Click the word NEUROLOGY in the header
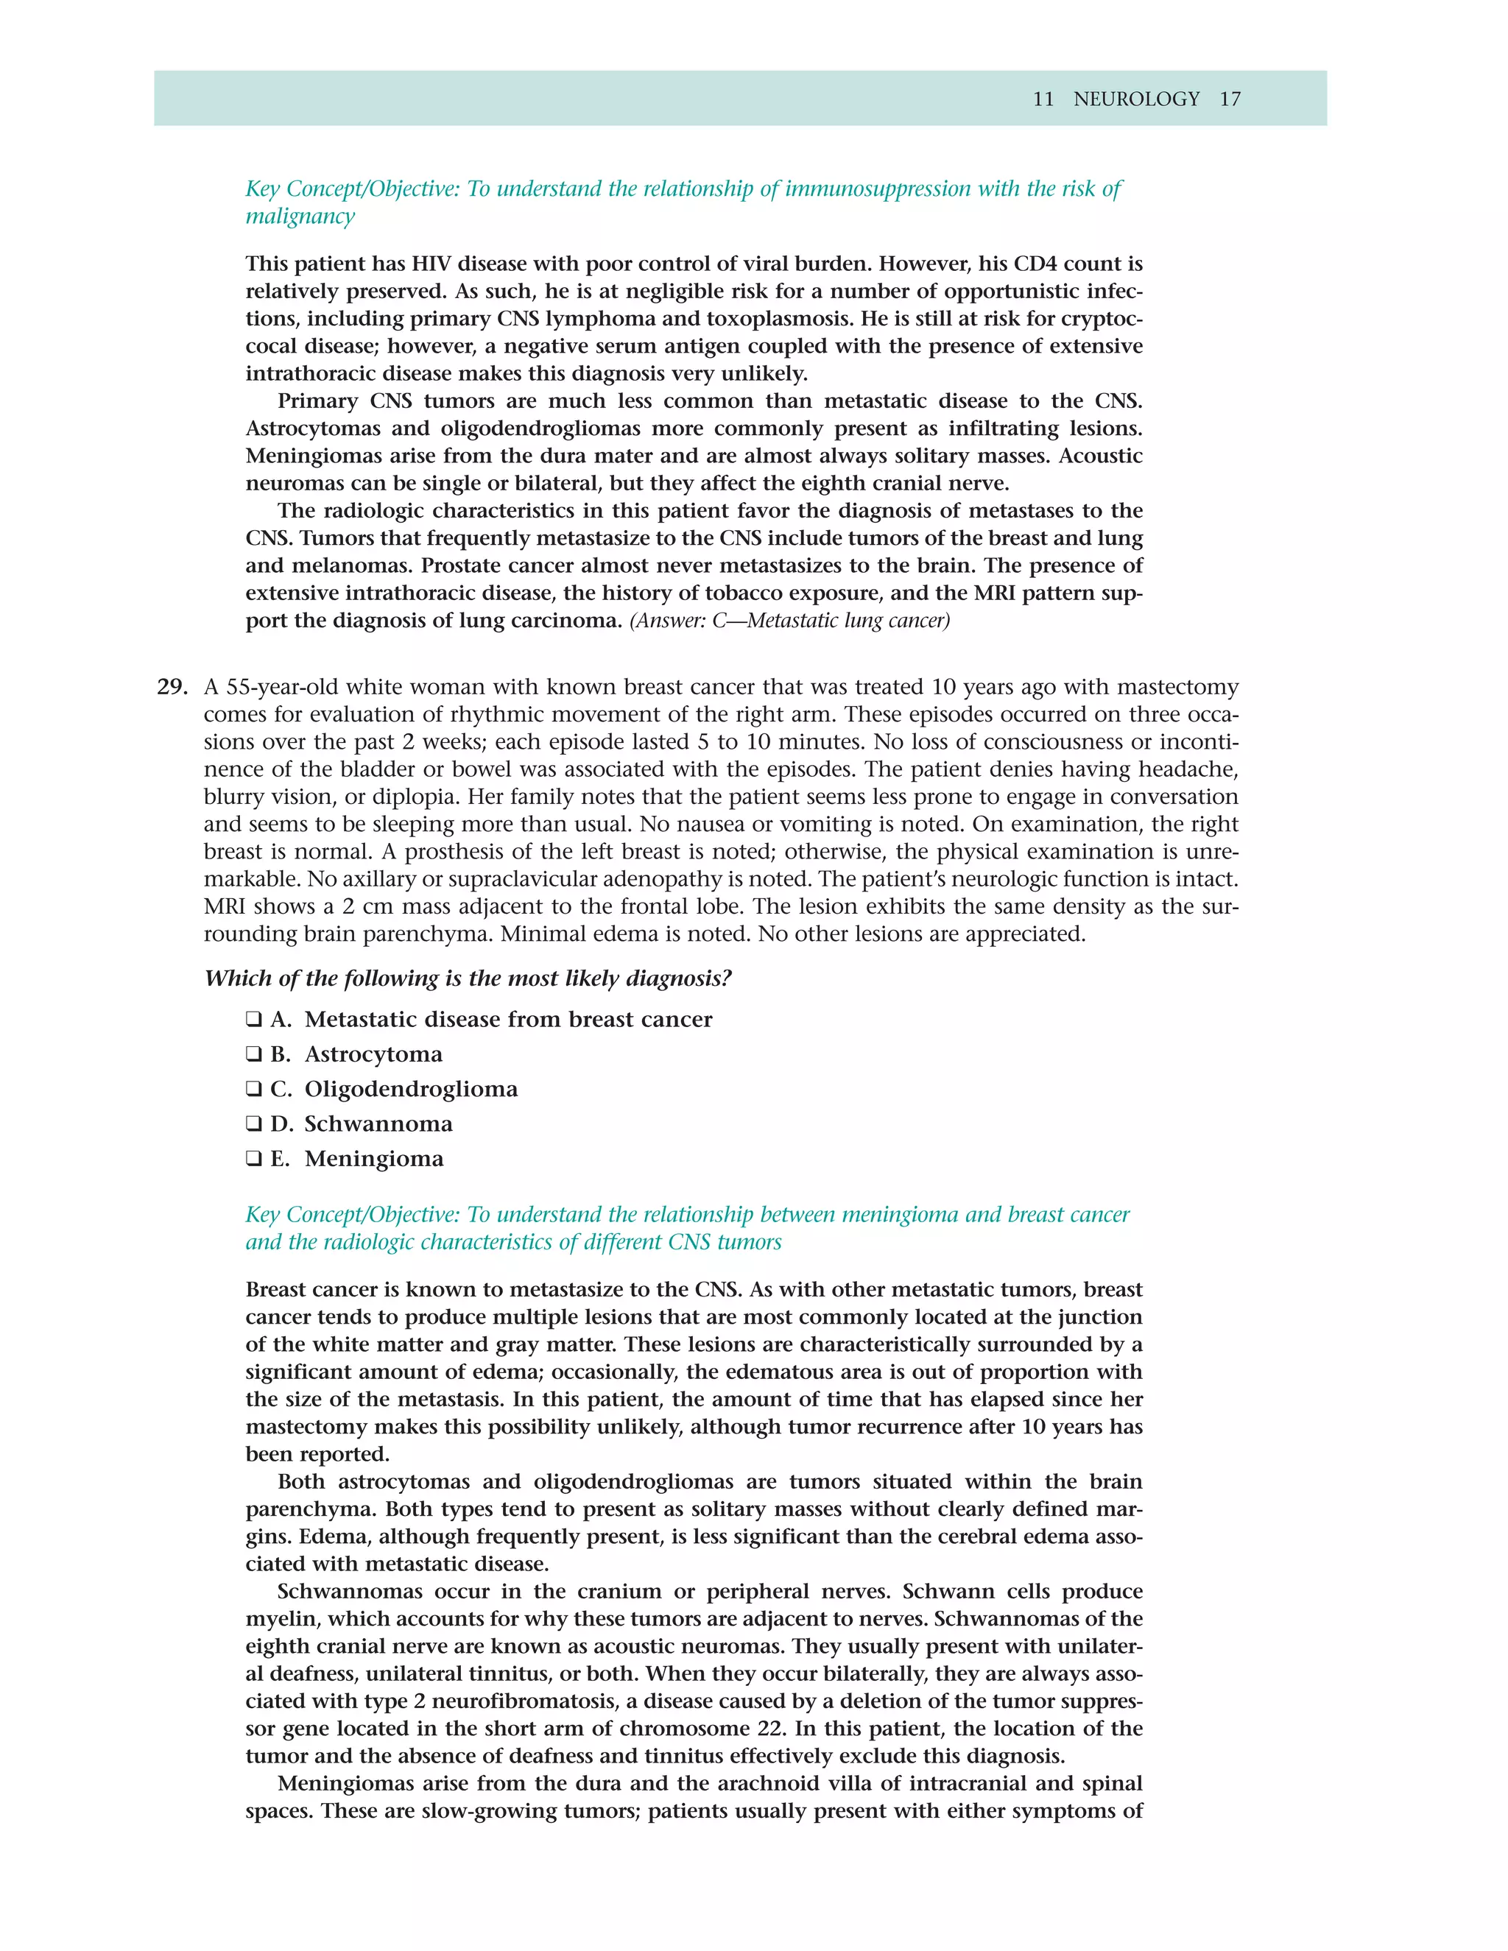click(1135, 99)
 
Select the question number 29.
click(172, 687)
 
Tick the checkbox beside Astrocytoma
click(254, 1054)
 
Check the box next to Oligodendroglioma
click(254, 1089)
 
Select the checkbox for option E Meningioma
click(254, 1159)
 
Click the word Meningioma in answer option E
click(373, 1159)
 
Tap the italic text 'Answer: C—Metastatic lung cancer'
click(790, 620)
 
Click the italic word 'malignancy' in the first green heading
click(300, 216)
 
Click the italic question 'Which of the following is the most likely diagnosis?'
click(468, 978)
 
